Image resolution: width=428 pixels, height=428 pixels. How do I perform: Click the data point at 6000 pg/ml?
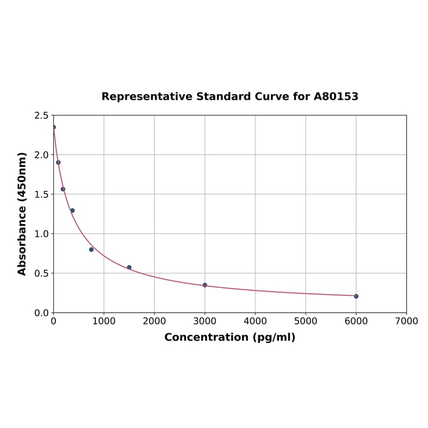[x=356, y=296]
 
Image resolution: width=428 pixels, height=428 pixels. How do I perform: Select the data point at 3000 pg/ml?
[x=204, y=285]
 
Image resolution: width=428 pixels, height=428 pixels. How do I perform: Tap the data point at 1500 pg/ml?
[x=129, y=267]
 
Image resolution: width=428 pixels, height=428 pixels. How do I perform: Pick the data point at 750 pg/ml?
[x=91, y=249]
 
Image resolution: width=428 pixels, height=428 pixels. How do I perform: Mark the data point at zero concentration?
[x=54, y=127]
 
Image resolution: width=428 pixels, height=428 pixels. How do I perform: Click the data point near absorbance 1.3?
[x=72, y=211]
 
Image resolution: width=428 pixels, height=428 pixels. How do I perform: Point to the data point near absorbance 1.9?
[x=58, y=162]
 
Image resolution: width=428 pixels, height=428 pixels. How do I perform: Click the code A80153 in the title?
[x=336, y=97]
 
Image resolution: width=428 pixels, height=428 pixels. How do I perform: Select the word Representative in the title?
[x=147, y=97]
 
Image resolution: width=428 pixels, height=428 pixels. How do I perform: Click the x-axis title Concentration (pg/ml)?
[x=230, y=337]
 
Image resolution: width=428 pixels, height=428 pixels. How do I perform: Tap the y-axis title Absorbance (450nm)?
[x=22, y=213]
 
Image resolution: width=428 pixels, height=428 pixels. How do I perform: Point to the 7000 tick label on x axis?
[x=406, y=322]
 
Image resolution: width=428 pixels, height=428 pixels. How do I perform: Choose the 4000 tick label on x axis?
[x=255, y=322]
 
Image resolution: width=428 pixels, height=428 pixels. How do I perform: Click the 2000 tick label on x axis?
[x=154, y=322]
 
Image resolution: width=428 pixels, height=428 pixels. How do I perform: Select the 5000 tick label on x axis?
[x=305, y=322]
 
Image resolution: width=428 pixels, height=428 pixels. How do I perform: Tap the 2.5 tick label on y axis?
[x=41, y=115]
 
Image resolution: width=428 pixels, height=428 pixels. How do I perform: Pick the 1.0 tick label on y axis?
[x=41, y=234]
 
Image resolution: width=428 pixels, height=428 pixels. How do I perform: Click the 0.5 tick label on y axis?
[x=41, y=273]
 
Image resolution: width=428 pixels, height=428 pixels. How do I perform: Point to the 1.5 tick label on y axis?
[x=41, y=194]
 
